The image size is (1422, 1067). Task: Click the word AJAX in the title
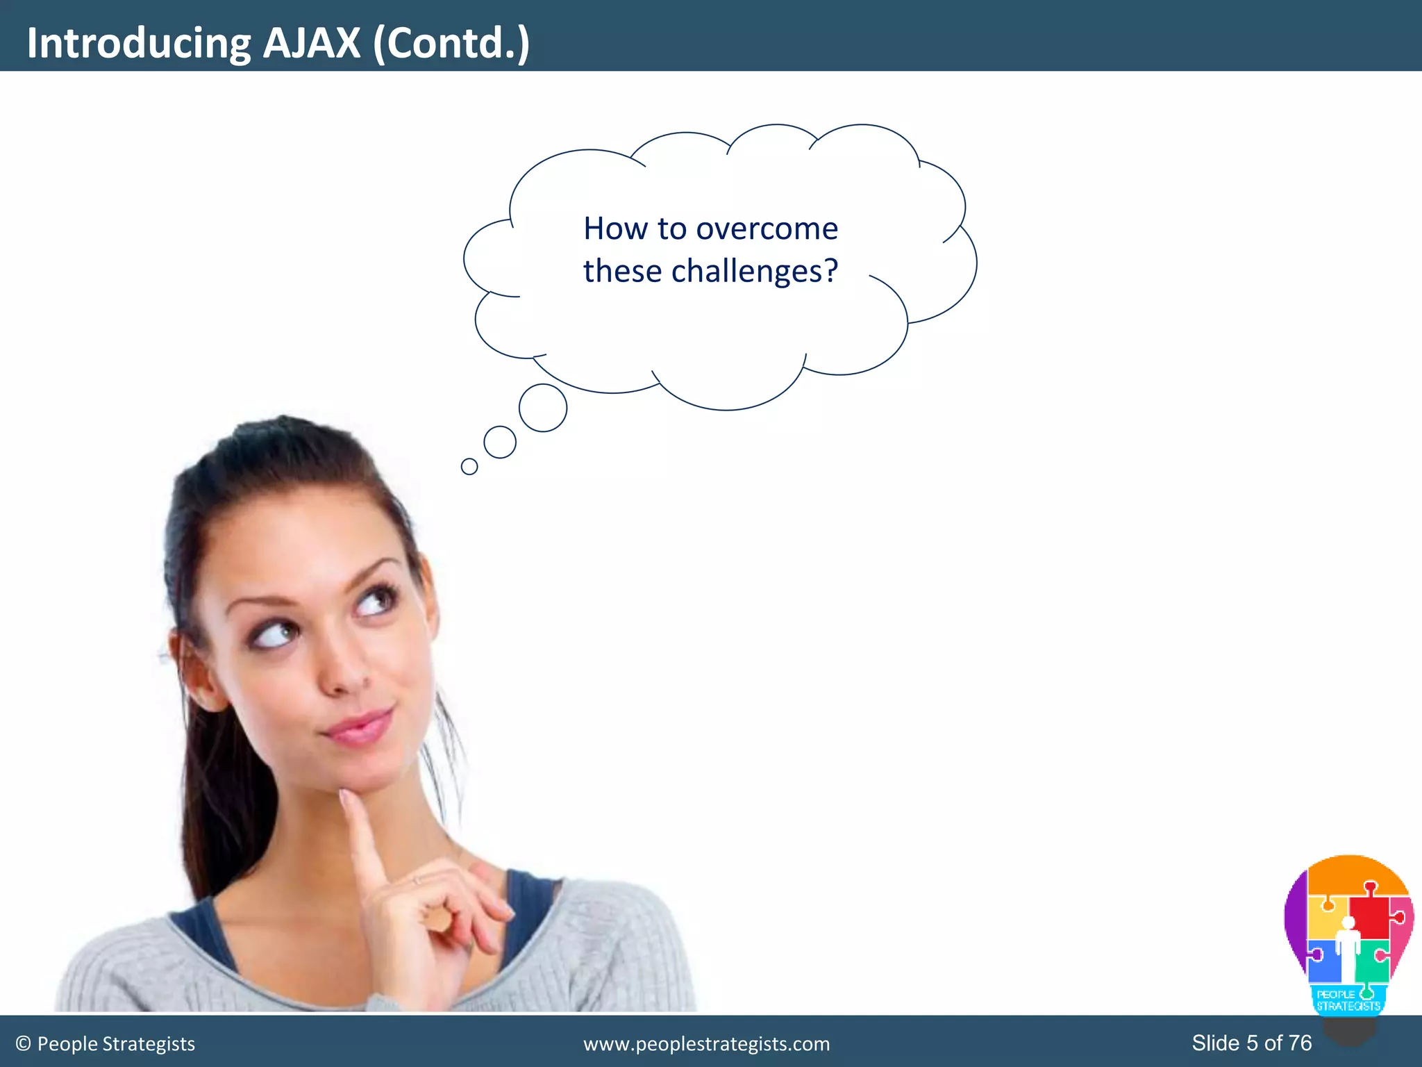[x=312, y=43]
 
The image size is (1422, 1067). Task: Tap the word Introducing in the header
[x=138, y=43]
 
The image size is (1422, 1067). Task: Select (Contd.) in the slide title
[x=451, y=43]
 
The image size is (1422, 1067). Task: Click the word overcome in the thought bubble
[x=767, y=229]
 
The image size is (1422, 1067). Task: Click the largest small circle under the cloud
[x=543, y=408]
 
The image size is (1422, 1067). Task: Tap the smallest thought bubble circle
[x=469, y=466]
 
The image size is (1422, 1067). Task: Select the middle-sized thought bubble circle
[x=500, y=442]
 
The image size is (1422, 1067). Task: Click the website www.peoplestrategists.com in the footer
[x=706, y=1044]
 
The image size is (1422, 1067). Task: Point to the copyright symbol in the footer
[x=24, y=1044]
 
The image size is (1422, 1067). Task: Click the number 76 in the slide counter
[x=1300, y=1043]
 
